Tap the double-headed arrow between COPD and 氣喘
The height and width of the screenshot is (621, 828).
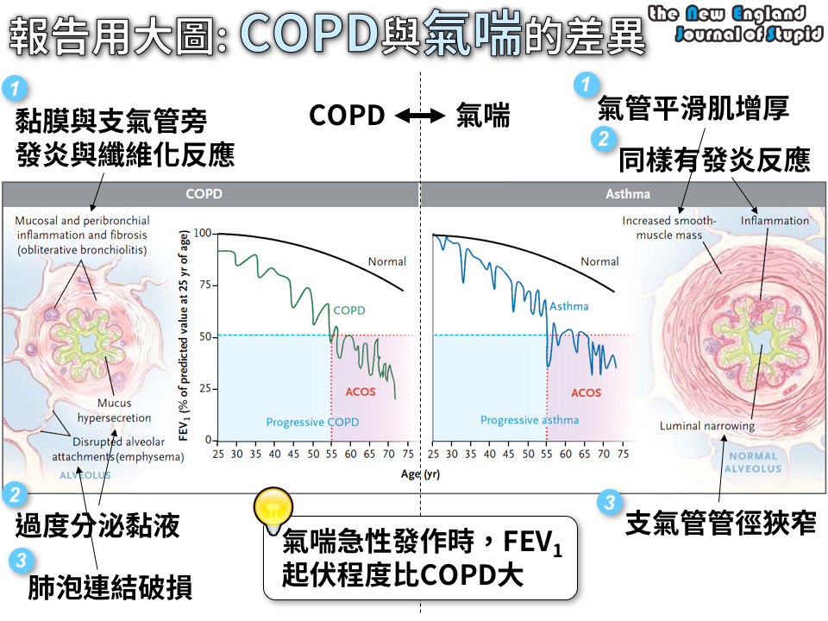point(420,116)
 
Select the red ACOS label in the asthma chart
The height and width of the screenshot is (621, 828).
point(586,392)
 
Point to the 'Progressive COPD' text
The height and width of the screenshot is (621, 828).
point(312,422)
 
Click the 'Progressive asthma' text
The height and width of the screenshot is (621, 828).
point(530,420)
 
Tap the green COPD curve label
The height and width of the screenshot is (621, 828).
point(349,310)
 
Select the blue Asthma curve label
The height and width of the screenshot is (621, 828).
point(569,306)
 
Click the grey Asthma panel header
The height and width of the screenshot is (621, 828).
point(629,194)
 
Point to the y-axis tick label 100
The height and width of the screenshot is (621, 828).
point(203,233)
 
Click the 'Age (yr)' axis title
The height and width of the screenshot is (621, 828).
point(420,474)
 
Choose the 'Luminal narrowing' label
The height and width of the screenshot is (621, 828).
point(706,426)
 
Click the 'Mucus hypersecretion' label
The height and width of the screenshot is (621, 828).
point(115,411)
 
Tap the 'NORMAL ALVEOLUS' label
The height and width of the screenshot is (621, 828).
point(752,462)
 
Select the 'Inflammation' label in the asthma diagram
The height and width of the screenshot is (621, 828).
point(775,221)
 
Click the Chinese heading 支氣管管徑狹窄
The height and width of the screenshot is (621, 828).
point(720,521)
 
